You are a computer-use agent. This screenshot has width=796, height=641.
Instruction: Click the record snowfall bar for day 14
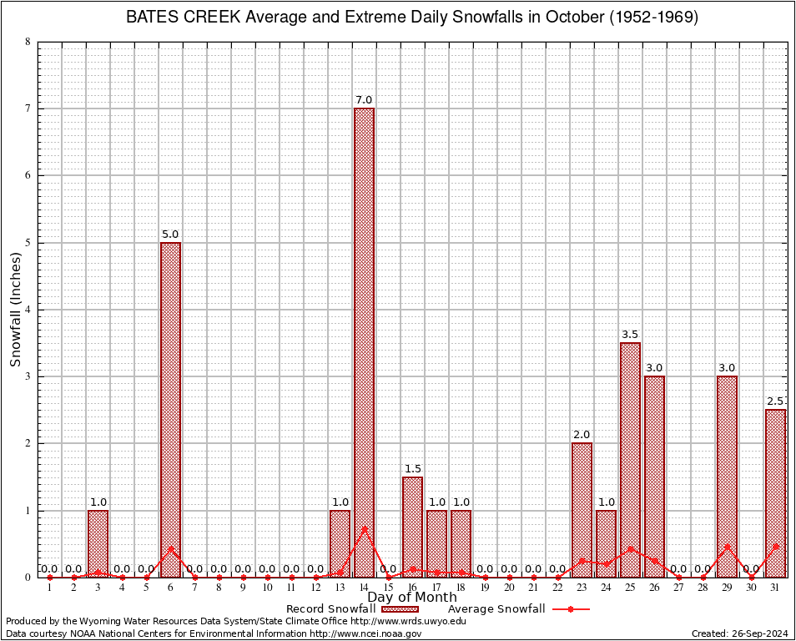[x=364, y=342]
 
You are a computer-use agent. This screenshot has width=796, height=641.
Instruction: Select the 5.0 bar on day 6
[x=170, y=409]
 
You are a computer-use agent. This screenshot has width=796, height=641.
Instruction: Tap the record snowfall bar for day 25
[x=631, y=459]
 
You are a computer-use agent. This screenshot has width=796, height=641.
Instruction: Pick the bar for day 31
[x=776, y=492]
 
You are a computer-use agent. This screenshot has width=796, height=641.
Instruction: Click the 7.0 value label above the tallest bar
[x=364, y=100]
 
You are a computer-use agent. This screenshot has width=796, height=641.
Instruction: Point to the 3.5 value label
[x=631, y=335]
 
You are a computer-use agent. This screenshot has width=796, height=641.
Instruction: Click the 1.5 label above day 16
[x=412, y=469]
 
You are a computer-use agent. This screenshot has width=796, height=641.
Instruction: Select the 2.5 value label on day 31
[x=776, y=401]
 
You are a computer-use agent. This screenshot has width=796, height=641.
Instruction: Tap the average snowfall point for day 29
[x=728, y=547]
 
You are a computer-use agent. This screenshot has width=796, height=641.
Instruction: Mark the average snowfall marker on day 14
[x=364, y=528]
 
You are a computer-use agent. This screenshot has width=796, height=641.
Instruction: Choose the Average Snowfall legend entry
[x=518, y=609]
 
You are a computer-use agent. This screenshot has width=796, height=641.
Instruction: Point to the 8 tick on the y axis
[x=28, y=42]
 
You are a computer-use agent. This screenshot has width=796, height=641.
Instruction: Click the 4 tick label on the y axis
[x=28, y=310]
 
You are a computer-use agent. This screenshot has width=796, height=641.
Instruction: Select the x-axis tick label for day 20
[x=509, y=588]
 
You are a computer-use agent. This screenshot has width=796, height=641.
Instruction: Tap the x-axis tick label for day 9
[x=243, y=588]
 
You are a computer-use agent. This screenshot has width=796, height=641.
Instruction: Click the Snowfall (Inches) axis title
[x=15, y=310]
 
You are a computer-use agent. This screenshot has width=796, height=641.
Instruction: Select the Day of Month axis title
[x=412, y=598]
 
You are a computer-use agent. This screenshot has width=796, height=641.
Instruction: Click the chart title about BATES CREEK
[x=412, y=17]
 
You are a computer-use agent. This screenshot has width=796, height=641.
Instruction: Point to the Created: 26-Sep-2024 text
[x=739, y=634]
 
